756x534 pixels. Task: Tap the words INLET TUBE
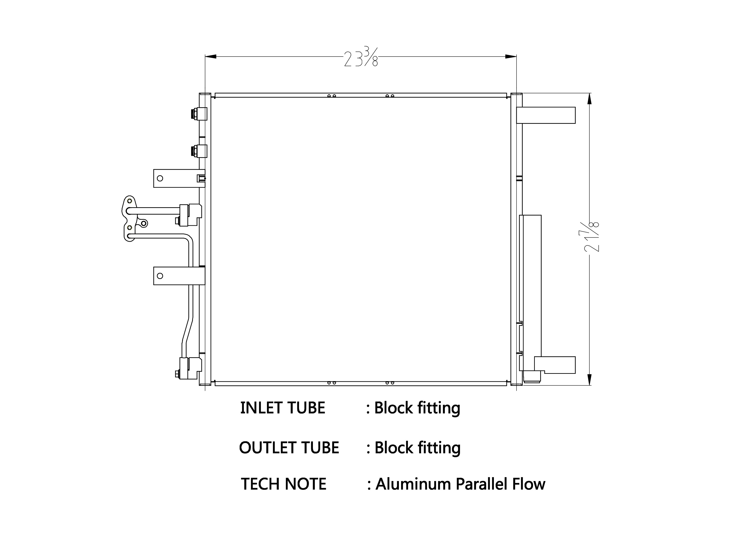[283, 408]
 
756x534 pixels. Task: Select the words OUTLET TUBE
[289, 448]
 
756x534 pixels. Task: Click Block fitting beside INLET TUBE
[417, 408]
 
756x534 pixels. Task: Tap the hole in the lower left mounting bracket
[160, 276]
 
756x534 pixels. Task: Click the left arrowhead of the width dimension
[211, 57]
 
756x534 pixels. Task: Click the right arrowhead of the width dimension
[511, 57]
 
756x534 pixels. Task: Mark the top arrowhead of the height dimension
[589, 99]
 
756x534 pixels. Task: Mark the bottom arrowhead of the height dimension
[589, 379]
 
